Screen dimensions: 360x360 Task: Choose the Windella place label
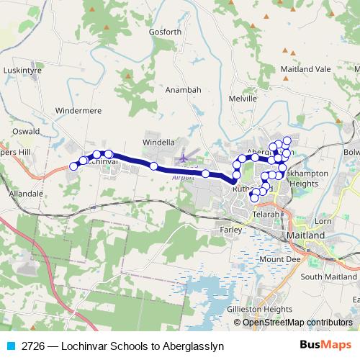click(x=159, y=142)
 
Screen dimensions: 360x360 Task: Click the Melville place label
click(x=242, y=97)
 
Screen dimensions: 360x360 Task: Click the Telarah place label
click(x=266, y=215)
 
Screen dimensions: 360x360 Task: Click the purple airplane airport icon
click(x=184, y=156)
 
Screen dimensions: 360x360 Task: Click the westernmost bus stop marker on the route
click(x=73, y=166)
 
